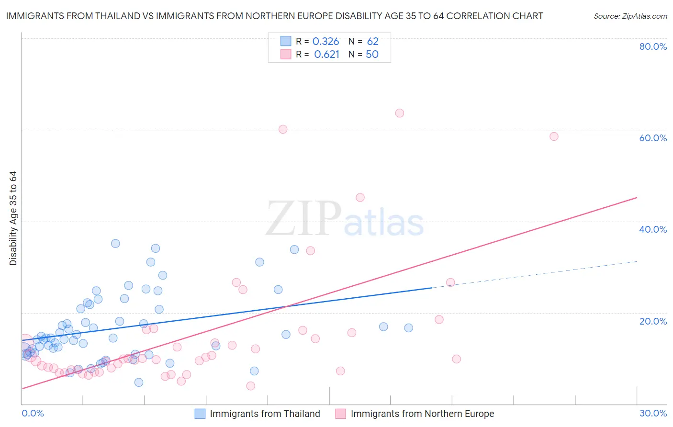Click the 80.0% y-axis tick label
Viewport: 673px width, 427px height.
tap(653, 46)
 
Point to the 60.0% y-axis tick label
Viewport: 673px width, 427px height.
tap(653, 138)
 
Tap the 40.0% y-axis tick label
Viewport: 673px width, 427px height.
tap(653, 229)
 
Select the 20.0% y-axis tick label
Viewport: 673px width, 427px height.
tap(653, 321)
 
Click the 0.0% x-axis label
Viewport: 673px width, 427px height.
tap(33, 413)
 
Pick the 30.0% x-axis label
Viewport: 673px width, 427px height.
tap(653, 413)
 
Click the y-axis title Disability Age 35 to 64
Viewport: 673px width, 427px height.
tap(13, 218)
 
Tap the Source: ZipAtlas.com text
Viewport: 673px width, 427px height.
tap(630, 16)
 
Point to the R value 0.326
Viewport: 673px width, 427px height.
tap(325, 42)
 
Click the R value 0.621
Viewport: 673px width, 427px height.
tap(326, 55)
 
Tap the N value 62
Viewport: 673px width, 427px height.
tap(372, 42)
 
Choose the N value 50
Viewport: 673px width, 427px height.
tap(372, 55)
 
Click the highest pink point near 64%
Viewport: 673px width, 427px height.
tap(400, 113)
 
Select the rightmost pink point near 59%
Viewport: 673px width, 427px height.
tap(554, 136)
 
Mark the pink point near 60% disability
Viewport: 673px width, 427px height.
tap(283, 129)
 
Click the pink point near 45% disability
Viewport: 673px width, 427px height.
tap(360, 197)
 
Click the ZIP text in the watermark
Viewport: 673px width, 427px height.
tap(303, 219)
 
